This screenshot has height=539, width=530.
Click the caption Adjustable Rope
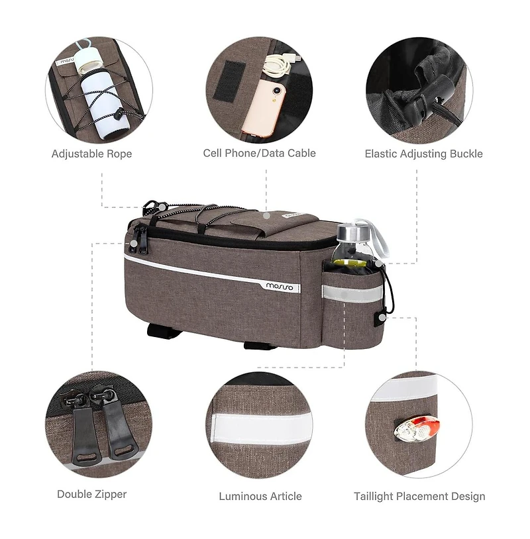coord(91,154)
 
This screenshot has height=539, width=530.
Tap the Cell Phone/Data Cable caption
coord(259,153)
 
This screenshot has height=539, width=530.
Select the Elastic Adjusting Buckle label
coord(423,154)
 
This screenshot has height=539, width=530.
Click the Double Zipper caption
coord(91,494)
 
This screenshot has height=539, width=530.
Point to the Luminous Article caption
coord(260,496)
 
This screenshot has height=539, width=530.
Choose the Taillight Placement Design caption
coord(419,496)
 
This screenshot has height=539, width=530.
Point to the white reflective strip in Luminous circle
coord(260,426)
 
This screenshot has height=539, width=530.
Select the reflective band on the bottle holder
coord(351,292)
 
